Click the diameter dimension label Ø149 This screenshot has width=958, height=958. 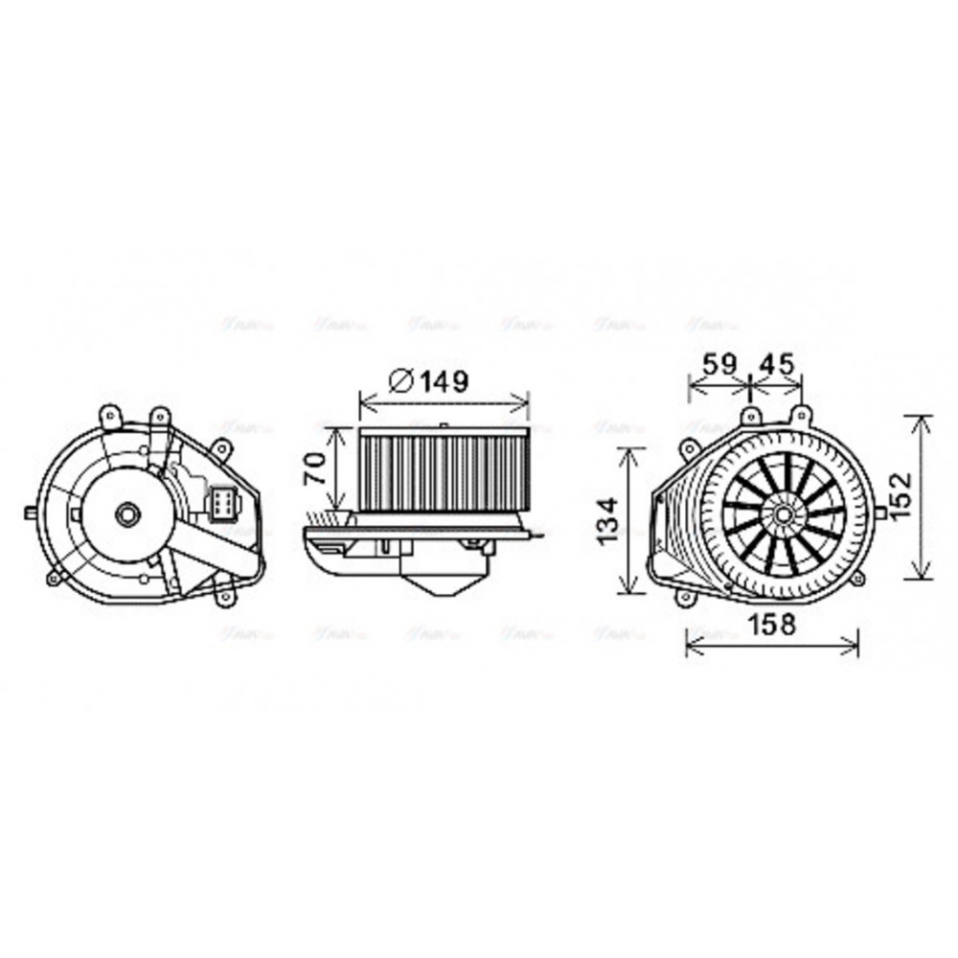[x=429, y=381]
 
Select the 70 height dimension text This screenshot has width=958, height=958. [x=313, y=468]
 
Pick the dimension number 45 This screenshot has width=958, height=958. [x=776, y=365]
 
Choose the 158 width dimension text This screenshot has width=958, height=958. [x=771, y=626]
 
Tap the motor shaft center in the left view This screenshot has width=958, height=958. [x=126, y=514]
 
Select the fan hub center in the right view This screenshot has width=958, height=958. [x=784, y=515]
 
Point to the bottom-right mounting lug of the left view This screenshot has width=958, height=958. [x=226, y=596]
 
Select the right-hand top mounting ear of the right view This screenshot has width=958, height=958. [x=799, y=415]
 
